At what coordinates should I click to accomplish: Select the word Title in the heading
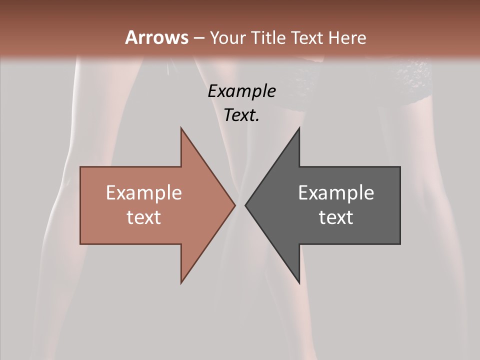coord(268,38)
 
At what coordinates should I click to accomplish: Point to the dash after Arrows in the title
coord(199,38)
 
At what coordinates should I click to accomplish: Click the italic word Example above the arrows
coord(242,91)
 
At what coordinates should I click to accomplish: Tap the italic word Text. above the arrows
coord(242,115)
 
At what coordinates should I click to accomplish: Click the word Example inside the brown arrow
coord(144,192)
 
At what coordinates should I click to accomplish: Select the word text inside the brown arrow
coord(144,217)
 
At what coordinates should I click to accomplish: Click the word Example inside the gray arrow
coord(336,192)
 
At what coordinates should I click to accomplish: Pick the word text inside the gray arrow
coord(336,217)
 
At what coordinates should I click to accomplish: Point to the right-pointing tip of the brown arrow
coord(235,205)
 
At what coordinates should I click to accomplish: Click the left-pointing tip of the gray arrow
coord(245,205)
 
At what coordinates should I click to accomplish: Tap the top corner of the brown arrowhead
coord(181,128)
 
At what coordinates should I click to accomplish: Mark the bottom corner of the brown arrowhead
coord(181,283)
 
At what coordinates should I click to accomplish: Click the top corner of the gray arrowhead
coord(299,128)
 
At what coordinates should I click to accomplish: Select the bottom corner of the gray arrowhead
coord(299,283)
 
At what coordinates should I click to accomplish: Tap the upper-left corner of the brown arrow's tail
coord(80,167)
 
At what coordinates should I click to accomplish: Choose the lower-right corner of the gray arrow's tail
coord(400,244)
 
